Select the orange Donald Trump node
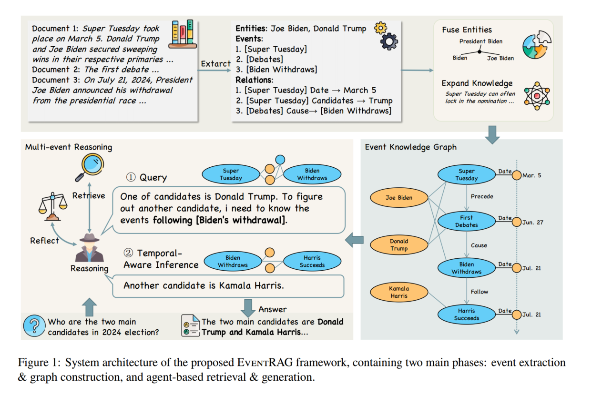(398, 244)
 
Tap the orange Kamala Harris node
(398, 292)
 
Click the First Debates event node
(466, 221)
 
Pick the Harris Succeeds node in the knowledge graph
(466, 315)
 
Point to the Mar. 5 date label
(532, 175)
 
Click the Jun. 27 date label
(533, 222)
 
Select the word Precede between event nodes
(482, 196)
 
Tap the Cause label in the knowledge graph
(479, 245)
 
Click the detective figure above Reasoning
(89, 247)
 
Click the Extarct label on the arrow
(215, 64)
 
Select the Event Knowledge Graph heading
(410, 147)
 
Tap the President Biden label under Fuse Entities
(480, 41)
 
